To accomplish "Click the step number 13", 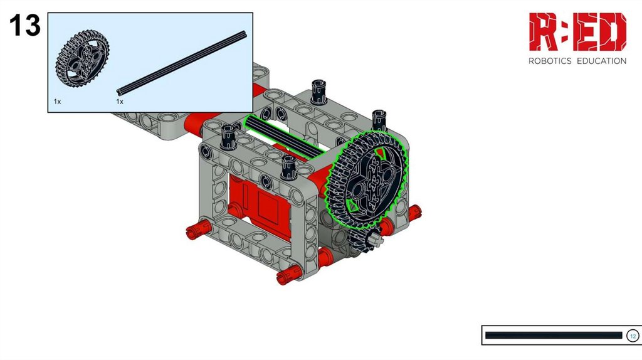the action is coord(25,25).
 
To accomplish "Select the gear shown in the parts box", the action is coord(82,58).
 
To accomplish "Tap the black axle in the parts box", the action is coord(182,63).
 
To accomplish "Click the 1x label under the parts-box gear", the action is coord(57,101).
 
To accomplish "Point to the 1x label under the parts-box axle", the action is coord(120,101).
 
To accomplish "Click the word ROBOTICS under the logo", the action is coord(550,61).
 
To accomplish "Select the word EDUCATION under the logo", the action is coord(601,61).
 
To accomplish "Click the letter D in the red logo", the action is coord(613,31).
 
